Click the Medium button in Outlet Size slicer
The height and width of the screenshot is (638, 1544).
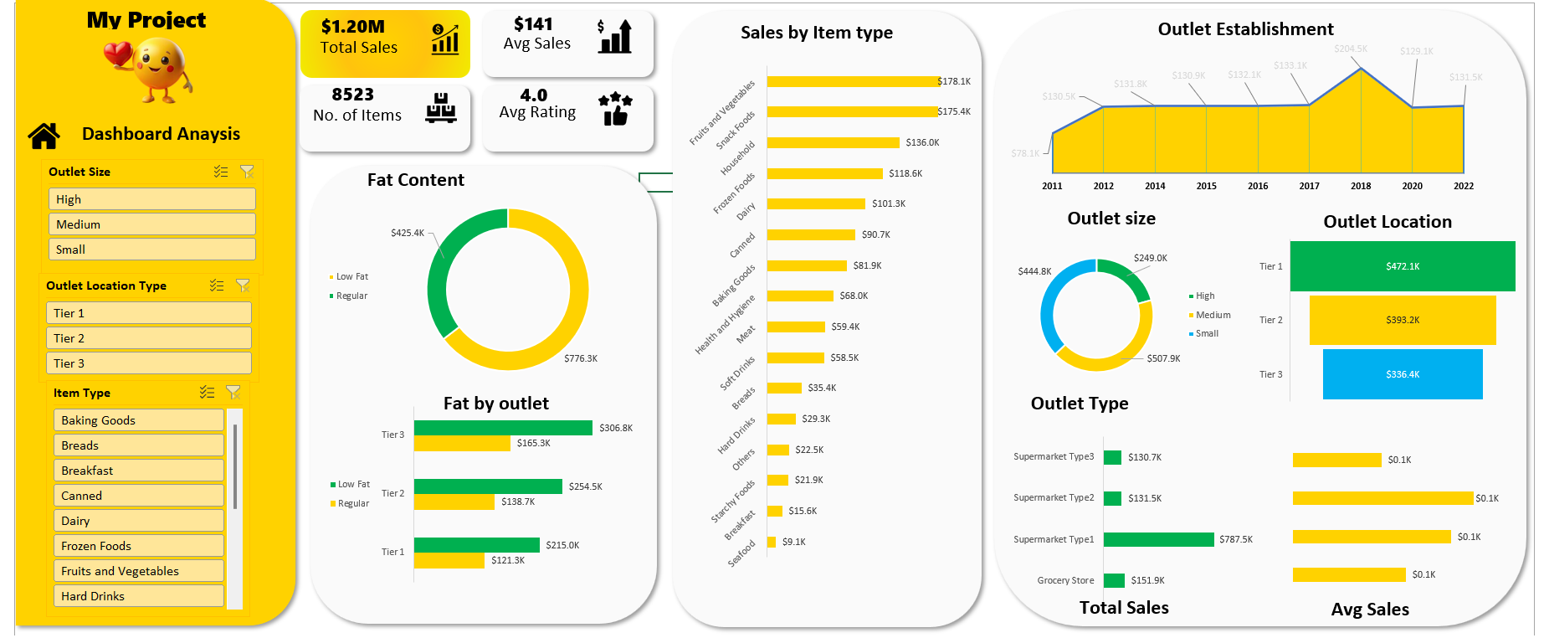(151, 224)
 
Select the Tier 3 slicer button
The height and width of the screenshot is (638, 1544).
(148, 363)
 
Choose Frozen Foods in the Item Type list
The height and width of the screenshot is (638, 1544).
(138, 546)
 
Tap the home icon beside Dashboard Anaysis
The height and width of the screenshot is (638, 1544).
(44, 135)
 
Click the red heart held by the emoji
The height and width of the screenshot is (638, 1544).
(118, 56)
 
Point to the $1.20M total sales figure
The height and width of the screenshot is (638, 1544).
(352, 27)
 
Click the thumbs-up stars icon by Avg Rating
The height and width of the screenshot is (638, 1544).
(615, 110)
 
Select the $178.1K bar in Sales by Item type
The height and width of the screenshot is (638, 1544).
(852, 81)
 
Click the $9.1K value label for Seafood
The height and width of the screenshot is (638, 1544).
(793, 542)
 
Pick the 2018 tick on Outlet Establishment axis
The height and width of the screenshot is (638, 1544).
(1361, 186)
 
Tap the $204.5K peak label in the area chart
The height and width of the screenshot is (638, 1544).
(1350, 49)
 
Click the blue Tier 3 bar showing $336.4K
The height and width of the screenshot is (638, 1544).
(1402, 374)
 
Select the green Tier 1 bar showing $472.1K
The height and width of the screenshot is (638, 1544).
(1402, 266)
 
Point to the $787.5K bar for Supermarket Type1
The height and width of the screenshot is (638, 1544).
(1158, 539)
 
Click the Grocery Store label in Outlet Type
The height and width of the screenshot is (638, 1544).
(1065, 580)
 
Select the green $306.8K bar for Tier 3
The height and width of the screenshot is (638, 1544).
(503, 428)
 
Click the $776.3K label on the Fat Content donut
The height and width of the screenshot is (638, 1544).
(580, 358)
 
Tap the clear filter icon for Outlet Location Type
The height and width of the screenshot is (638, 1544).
(243, 286)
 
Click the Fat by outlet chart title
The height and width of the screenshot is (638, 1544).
(495, 404)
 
